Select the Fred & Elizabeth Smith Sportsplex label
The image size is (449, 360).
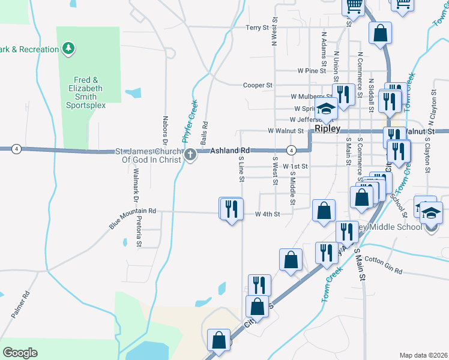(86, 92)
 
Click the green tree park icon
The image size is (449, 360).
(68, 48)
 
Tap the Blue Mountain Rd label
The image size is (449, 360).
(132, 218)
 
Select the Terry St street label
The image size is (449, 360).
(258, 28)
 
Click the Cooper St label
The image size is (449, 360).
(258, 85)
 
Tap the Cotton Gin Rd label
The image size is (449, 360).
(383, 265)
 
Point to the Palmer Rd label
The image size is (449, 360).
(20, 305)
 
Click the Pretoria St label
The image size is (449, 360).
(139, 233)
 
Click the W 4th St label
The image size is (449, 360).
(268, 214)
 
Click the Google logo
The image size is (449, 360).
(20, 353)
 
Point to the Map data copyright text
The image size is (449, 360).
(423, 355)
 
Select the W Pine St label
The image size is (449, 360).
(311, 71)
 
